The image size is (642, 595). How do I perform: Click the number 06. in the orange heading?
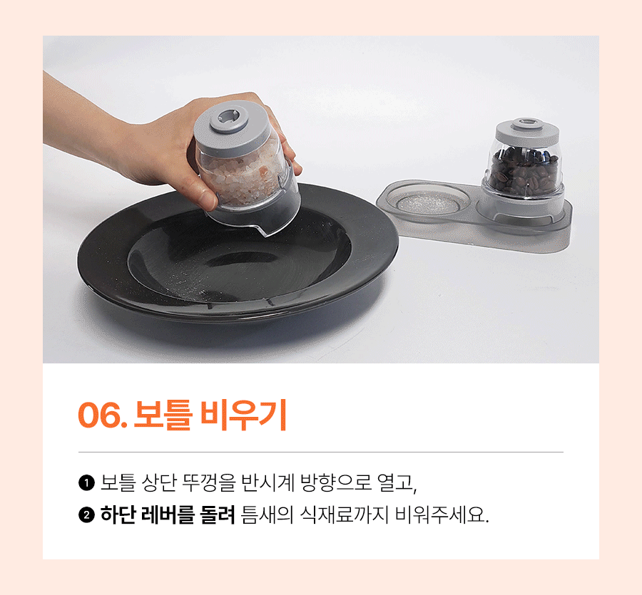pyautogui.click(x=101, y=415)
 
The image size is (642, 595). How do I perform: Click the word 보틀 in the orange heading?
pyautogui.click(x=163, y=415)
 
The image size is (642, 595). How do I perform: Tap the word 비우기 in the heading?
pyautogui.click(x=243, y=415)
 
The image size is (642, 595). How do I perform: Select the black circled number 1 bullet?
pyautogui.click(x=86, y=483)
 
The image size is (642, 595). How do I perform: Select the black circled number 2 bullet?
pyautogui.click(x=86, y=515)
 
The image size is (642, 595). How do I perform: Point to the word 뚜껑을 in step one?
pyautogui.click(x=209, y=482)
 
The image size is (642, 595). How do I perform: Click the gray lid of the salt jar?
pyautogui.click(x=232, y=127)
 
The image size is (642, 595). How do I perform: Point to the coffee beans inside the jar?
pyautogui.click(x=524, y=171)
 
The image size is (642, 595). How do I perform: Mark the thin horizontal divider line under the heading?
pyautogui.click(x=320, y=452)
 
